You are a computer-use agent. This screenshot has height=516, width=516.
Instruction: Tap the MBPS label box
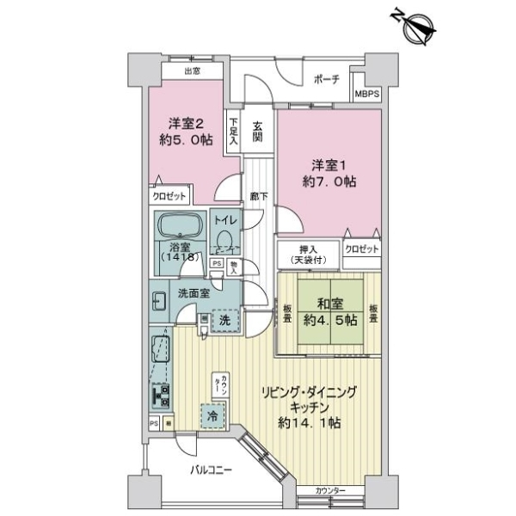coord(366,94)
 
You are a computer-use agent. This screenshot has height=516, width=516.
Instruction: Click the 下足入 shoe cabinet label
coord(232,134)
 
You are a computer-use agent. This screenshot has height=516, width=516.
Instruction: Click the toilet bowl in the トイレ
coord(224,240)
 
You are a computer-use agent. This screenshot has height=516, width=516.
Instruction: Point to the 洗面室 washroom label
coord(194,292)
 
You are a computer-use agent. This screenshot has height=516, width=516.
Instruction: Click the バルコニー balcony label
coord(212,470)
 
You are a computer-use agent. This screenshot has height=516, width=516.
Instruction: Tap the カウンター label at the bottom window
coord(330,490)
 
